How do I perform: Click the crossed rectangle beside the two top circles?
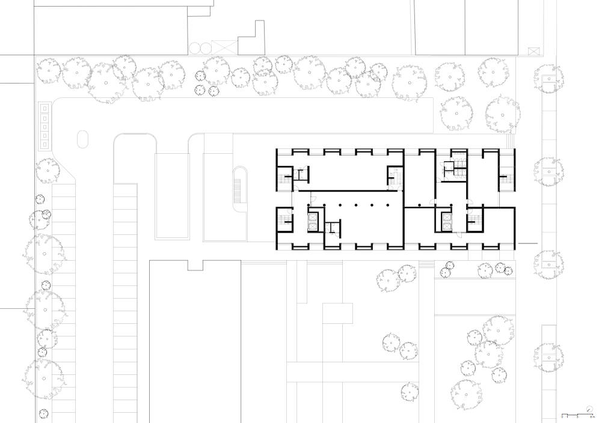pyautogui.click(x=221, y=47)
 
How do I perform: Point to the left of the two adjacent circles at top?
pyautogui.click(x=194, y=47)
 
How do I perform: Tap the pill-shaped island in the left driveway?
pyautogui.click(x=82, y=139)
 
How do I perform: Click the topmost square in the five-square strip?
pyautogui.click(x=44, y=108)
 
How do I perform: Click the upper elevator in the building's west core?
pyautogui.click(x=313, y=215)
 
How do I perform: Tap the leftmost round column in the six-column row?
pyautogui.click(x=309, y=205)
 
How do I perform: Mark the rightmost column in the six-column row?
pyautogui.click(x=388, y=205)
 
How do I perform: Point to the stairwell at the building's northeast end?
pyautogui.click(x=506, y=177)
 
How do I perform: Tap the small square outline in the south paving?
pyautogui.click(x=337, y=312)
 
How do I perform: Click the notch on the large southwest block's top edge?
pyautogui.click(x=195, y=264)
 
